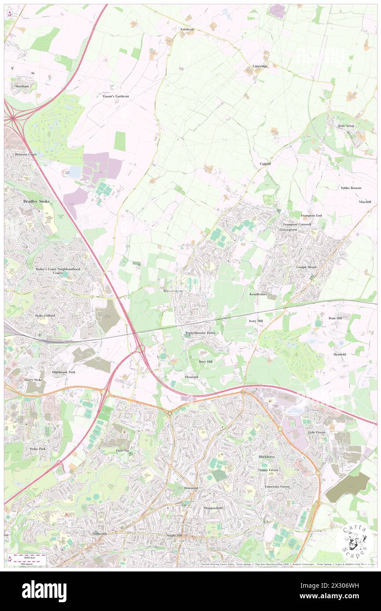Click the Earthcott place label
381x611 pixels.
[187, 29]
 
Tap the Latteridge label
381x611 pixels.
[260, 66]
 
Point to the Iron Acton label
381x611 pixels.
[346, 126]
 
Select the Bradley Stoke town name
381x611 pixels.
[37, 201]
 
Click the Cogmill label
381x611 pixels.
[265, 164]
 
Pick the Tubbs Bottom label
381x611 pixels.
[351, 188]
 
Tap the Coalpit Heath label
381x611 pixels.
[306, 267]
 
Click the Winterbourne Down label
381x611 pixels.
[200, 333]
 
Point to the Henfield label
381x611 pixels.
[340, 354]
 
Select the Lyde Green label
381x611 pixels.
[317, 432]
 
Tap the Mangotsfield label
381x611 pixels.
[213, 508]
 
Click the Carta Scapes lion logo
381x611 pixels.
[354, 540]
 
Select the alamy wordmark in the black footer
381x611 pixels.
[44, 591]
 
